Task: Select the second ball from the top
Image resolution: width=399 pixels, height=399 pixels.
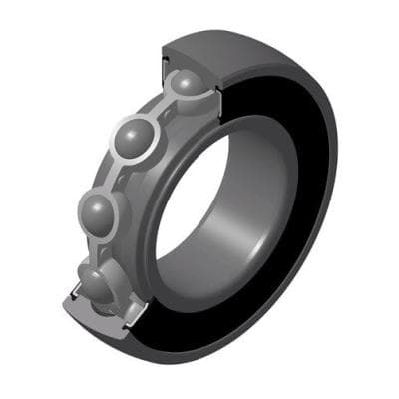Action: [x=138, y=138]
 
